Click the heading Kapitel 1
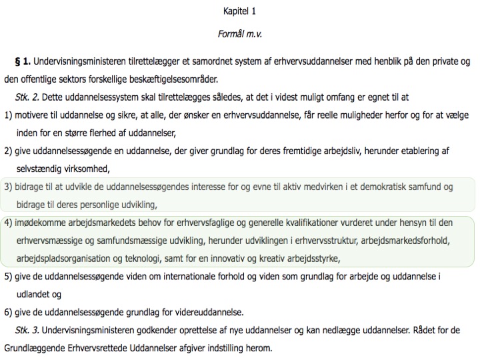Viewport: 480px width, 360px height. pyautogui.click(x=240, y=11)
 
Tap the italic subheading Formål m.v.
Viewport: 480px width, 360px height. pyautogui.click(x=240, y=33)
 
